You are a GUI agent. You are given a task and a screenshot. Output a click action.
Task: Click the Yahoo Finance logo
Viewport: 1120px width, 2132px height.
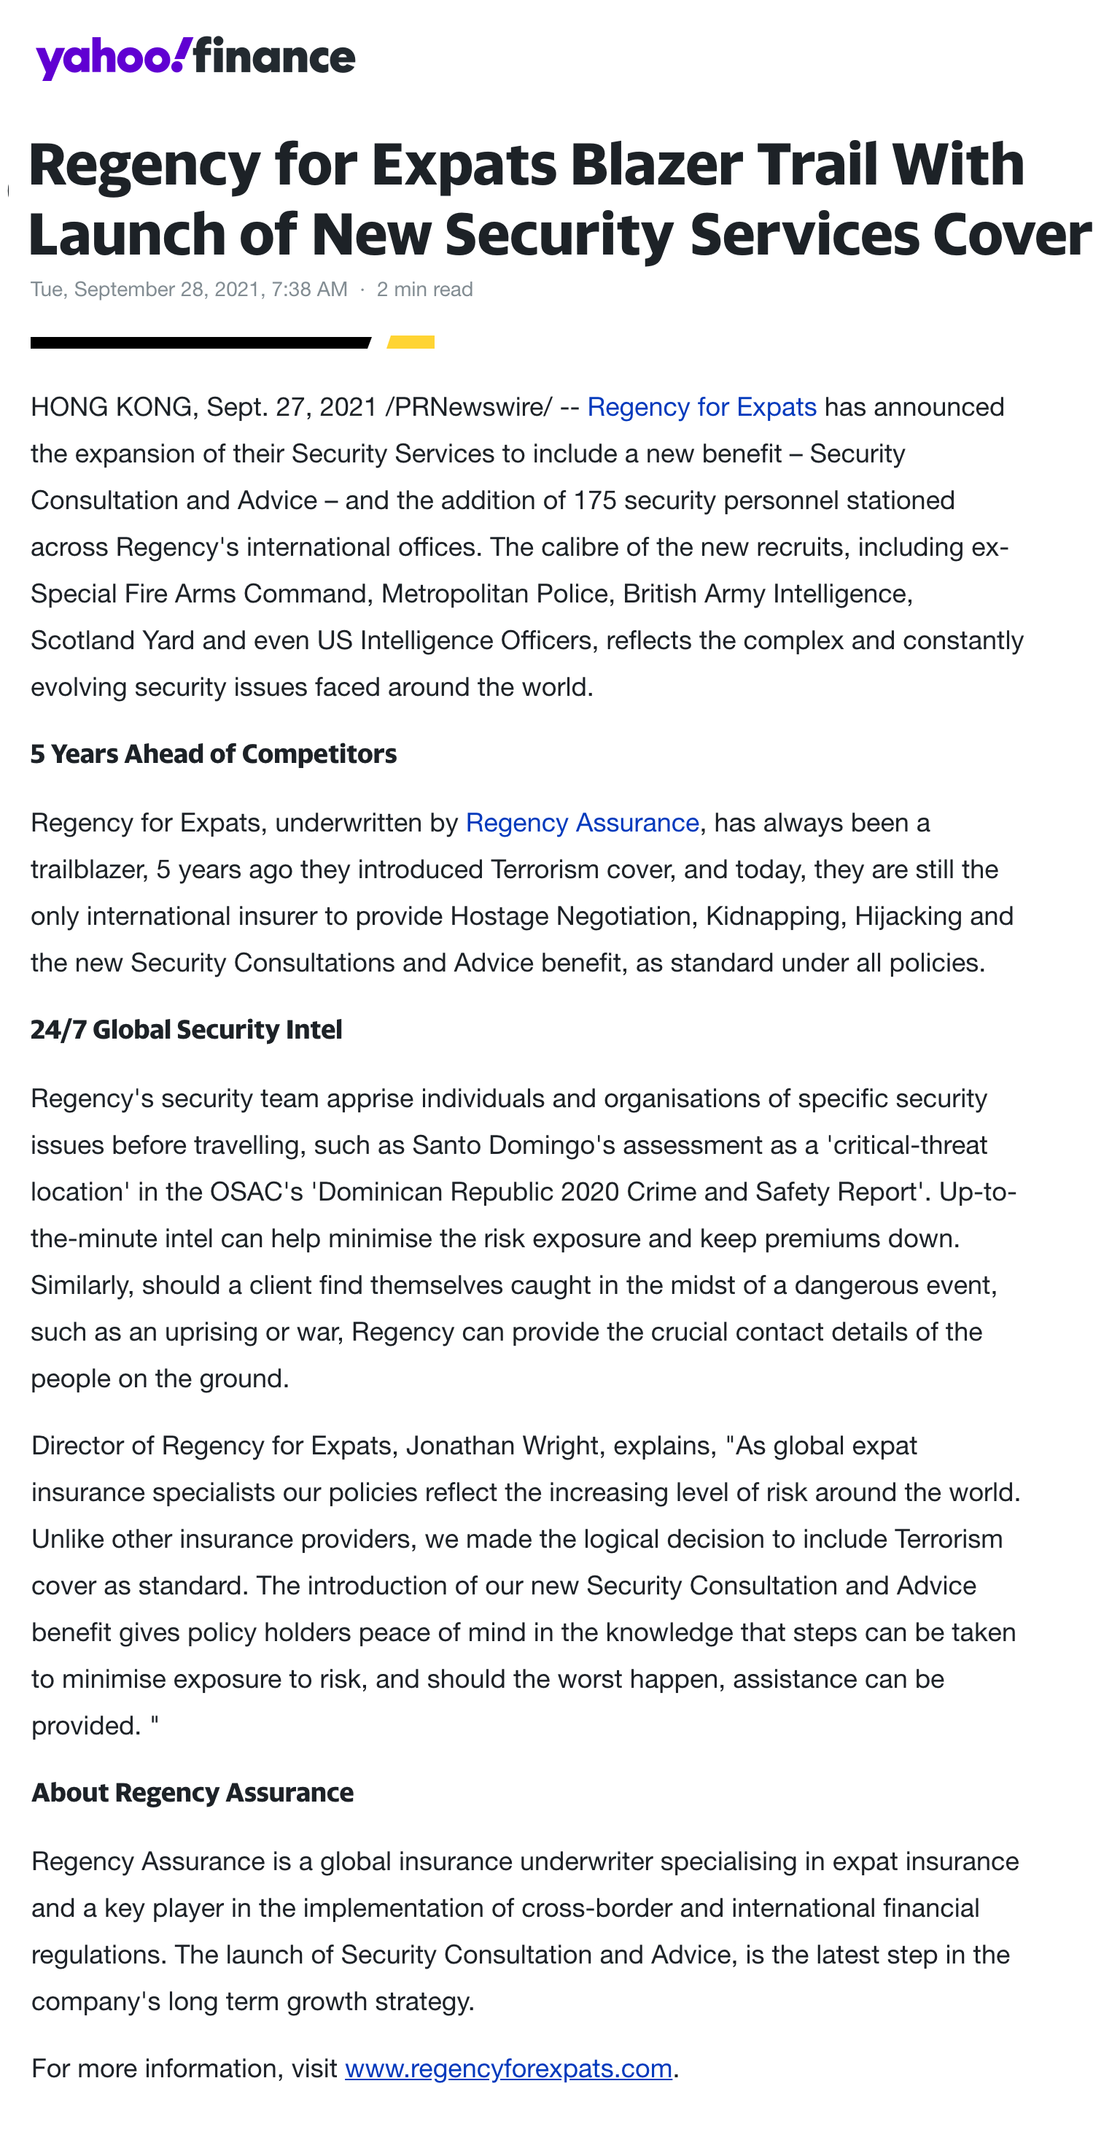195,57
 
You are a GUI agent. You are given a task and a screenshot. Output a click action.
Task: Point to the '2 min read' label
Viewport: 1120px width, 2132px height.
424,290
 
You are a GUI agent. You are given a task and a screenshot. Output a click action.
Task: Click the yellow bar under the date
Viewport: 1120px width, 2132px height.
411,342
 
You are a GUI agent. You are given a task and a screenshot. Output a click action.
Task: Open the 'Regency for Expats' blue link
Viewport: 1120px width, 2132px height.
701,407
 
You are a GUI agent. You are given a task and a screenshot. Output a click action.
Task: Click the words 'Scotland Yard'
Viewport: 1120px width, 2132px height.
112,640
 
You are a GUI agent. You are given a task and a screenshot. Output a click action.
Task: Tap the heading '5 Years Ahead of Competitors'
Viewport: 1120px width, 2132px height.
214,754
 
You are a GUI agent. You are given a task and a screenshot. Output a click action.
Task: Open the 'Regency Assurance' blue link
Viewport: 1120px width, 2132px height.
583,823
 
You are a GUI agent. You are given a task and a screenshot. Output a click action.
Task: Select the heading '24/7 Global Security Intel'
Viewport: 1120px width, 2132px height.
186,1030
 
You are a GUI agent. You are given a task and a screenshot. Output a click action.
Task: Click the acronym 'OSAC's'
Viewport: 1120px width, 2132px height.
257,1192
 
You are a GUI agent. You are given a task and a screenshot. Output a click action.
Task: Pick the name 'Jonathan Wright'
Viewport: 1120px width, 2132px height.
502,1445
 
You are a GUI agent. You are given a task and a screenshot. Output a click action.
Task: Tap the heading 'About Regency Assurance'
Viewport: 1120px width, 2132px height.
192,1793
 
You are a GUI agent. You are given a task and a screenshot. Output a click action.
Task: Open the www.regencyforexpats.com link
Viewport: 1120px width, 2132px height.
508,2069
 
